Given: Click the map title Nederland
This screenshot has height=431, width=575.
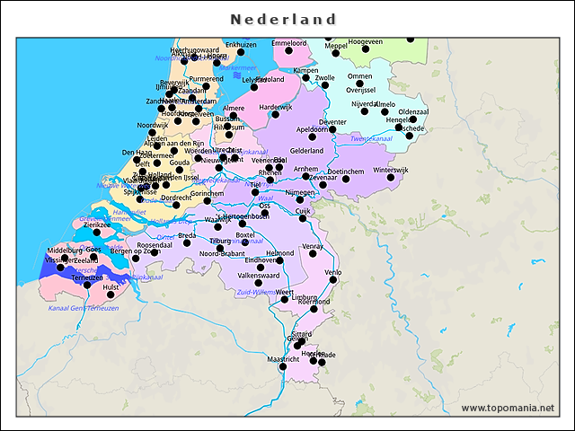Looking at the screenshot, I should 284,19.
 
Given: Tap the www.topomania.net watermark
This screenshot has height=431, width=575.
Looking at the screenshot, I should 507,409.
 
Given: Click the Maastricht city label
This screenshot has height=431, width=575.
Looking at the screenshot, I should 283,359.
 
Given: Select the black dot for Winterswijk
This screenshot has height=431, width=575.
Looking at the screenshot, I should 391,178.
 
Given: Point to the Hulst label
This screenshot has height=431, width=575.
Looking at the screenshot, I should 111,287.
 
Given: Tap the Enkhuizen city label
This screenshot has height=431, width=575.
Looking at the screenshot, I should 241,44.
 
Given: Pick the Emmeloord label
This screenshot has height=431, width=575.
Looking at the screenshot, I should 289,43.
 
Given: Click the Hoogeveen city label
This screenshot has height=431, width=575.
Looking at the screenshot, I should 366,42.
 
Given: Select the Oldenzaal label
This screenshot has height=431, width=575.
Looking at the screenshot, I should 413,112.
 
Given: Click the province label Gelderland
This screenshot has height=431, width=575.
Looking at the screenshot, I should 306,151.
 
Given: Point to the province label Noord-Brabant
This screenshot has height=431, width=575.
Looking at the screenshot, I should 221,254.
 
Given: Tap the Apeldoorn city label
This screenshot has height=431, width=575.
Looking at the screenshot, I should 312,129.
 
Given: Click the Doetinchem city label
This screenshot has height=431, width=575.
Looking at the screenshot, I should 346,171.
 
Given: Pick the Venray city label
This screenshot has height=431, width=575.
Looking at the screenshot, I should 313,246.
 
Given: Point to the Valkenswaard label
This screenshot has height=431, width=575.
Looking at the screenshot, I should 258,276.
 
